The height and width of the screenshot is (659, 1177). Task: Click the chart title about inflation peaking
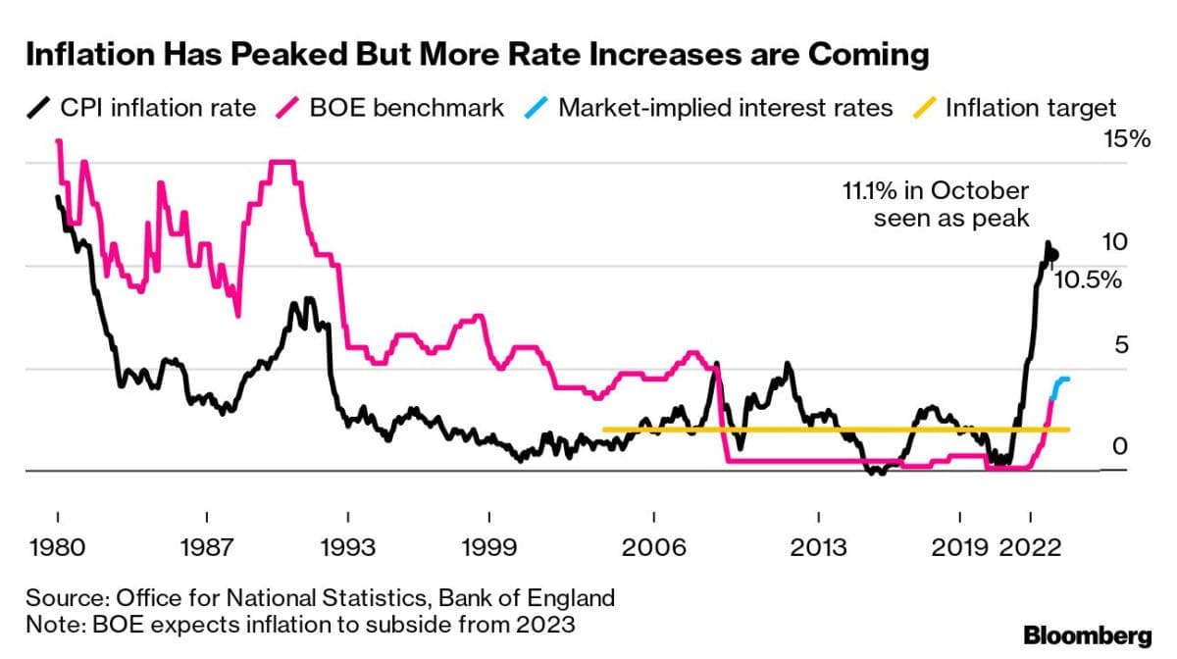click(x=477, y=55)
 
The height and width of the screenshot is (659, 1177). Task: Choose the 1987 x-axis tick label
click(x=207, y=546)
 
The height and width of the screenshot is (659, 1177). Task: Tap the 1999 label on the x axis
click(x=491, y=546)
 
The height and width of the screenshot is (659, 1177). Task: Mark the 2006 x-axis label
click(x=653, y=546)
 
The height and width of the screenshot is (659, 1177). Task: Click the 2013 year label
click(x=818, y=546)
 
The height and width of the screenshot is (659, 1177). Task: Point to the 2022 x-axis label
click(x=1031, y=546)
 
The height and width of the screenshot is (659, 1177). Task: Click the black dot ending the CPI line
click(x=1053, y=255)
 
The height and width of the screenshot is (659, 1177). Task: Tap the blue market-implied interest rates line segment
click(x=1059, y=384)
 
